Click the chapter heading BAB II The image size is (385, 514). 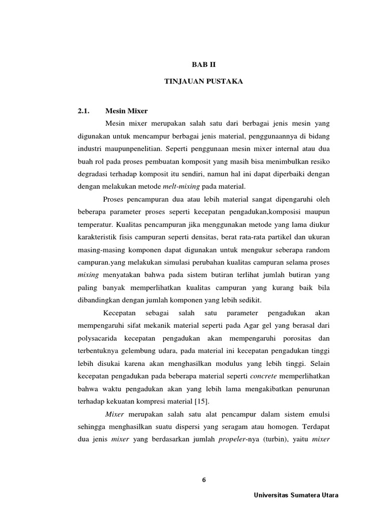(x=204, y=65)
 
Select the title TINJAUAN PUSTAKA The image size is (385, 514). (x=204, y=81)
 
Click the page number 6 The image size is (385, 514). (x=204, y=480)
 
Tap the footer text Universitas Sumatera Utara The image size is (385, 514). (x=296, y=495)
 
